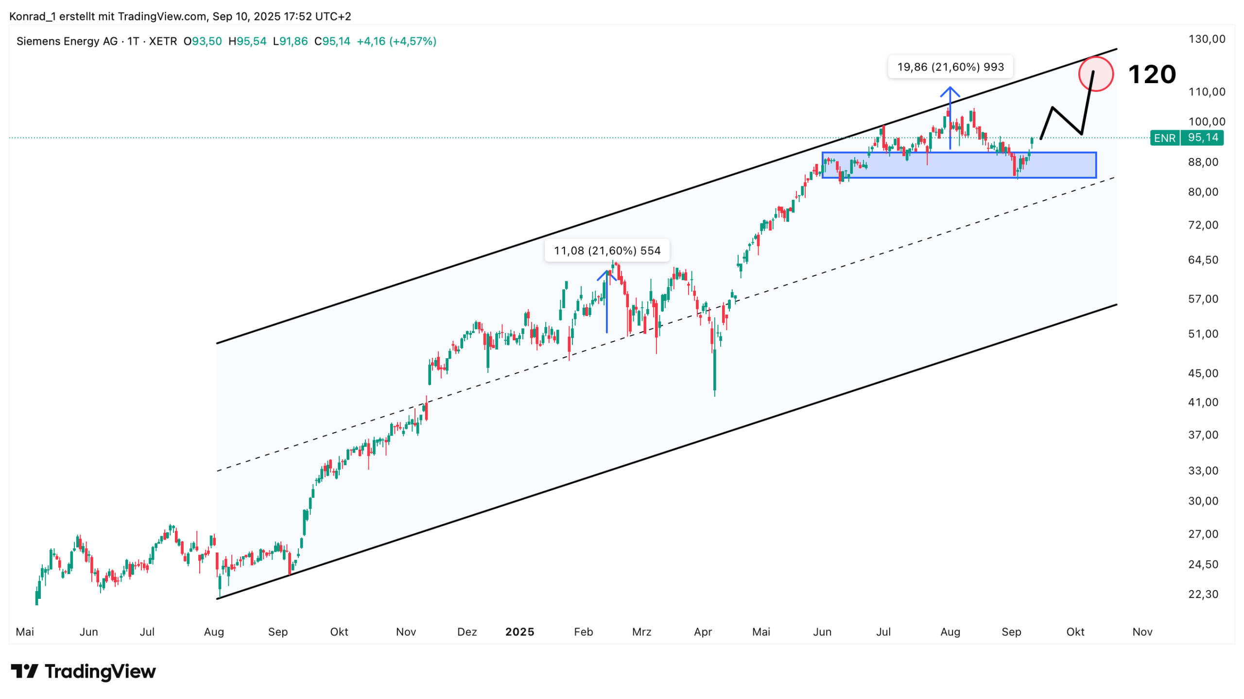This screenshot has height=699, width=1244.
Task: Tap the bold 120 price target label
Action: pos(1151,75)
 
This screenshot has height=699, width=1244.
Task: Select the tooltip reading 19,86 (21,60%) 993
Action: pos(950,67)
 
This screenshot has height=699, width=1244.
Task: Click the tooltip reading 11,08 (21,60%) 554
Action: pos(607,251)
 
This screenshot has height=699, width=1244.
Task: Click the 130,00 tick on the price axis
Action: pos(1207,39)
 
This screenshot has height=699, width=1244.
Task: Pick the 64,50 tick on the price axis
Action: pos(1203,260)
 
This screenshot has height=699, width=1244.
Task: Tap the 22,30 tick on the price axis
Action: pos(1203,594)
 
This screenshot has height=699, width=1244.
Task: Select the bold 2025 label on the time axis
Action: pos(519,632)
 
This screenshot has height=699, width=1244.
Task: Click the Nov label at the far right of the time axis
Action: pos(1142,632)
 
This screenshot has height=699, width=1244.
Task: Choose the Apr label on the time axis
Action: pos(703,632)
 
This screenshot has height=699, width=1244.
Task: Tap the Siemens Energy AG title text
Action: pos(67,41)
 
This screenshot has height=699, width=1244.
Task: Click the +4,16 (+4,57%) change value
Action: pos(397,41)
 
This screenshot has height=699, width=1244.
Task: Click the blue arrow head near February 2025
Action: pos(607,273)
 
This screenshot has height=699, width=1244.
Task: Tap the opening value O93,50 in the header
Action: pos(203,41)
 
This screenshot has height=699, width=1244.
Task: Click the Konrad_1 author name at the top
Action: pos(32,17)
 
